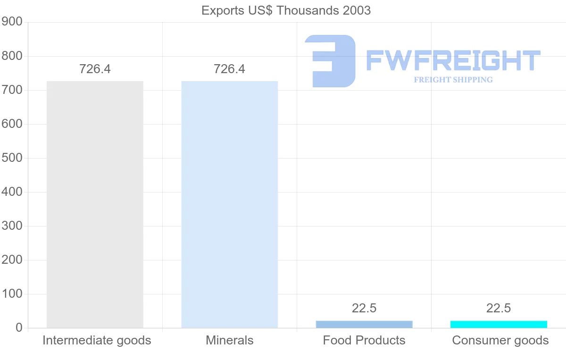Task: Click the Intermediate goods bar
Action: click(x=95, y=204)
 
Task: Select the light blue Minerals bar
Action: click(x=230, y=204)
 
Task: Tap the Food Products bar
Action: click(x=364, y=324)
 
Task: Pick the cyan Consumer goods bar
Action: click(x=499, y=324)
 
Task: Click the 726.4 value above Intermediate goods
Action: click(x=95, y=69)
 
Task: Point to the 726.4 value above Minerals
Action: click(x=230, y=69)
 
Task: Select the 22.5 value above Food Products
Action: click(x=364, y=308)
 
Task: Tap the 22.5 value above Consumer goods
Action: click(x=499, y=308)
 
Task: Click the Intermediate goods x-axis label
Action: click(x=97, y=340)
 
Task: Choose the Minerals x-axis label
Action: click(x=230, y=340)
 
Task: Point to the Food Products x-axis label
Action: click(x=364, y=340)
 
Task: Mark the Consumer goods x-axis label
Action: click(x=500, y=340)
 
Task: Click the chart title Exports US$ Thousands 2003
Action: click(x=286, y=10)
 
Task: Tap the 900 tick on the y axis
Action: click(x=12, y=22)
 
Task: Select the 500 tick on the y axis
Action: click(x=12, y=158)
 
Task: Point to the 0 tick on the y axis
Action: click(x=19, y=328)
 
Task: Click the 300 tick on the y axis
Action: click(x=12, y=226)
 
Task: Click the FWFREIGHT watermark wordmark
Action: click(x=453, y=60)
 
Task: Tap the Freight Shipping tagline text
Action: click(x=453, y=80)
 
